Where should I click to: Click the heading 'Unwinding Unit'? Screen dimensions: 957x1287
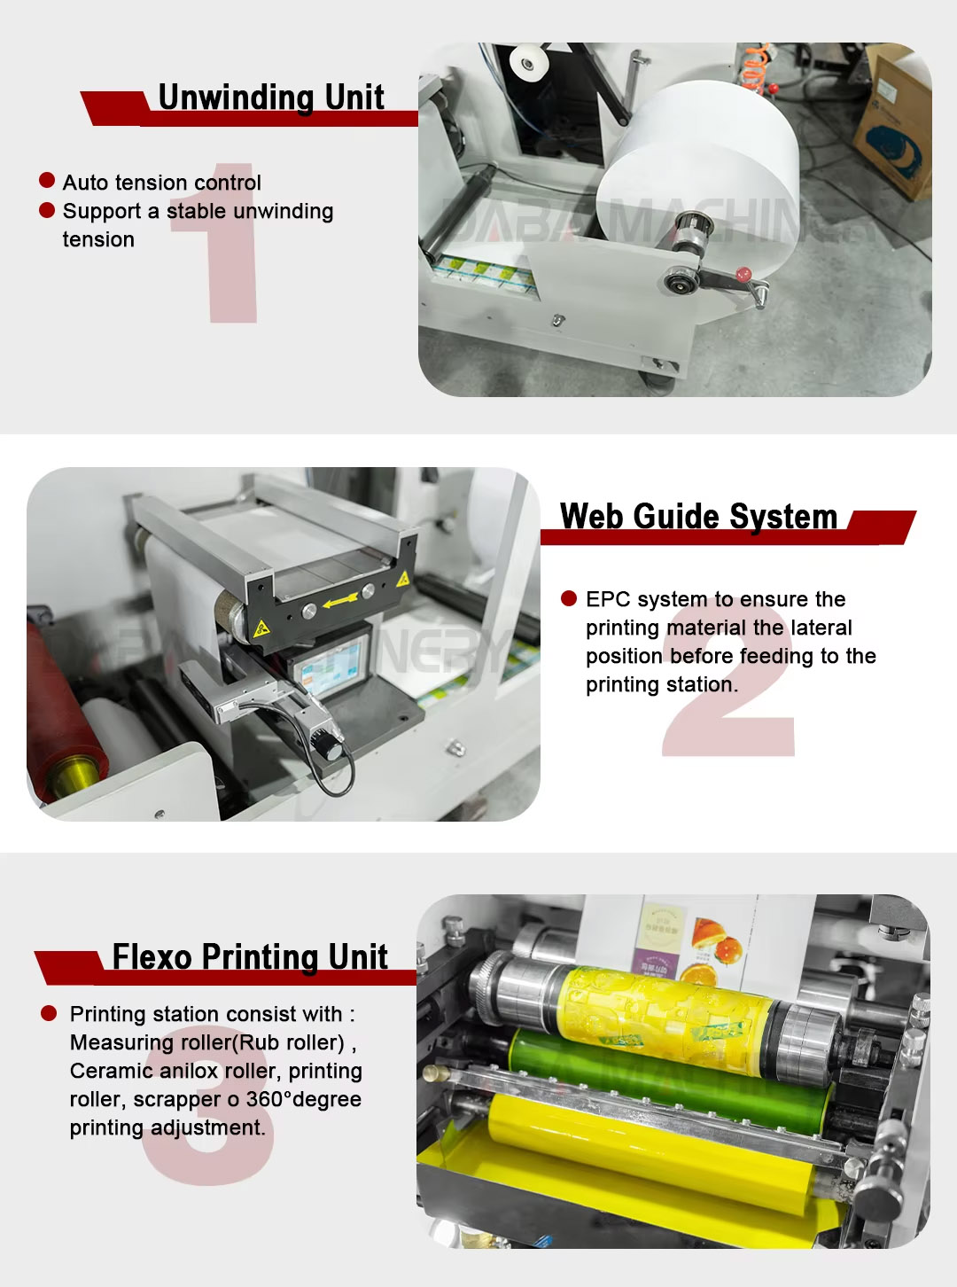[271, 97]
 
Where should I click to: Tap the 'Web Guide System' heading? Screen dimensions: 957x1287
[699, 516]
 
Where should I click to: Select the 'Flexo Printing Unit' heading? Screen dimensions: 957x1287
[250, 957]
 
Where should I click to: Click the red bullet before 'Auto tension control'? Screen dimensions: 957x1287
[47, 181]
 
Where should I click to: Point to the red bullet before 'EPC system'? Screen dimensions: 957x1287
[569, 598]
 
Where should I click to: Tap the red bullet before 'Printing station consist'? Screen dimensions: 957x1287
[49, 1014]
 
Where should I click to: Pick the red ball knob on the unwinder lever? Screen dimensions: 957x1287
[743, 274]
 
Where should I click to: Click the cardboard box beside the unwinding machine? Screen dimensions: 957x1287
[892, 121]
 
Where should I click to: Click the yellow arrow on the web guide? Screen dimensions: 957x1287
[339, 601]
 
